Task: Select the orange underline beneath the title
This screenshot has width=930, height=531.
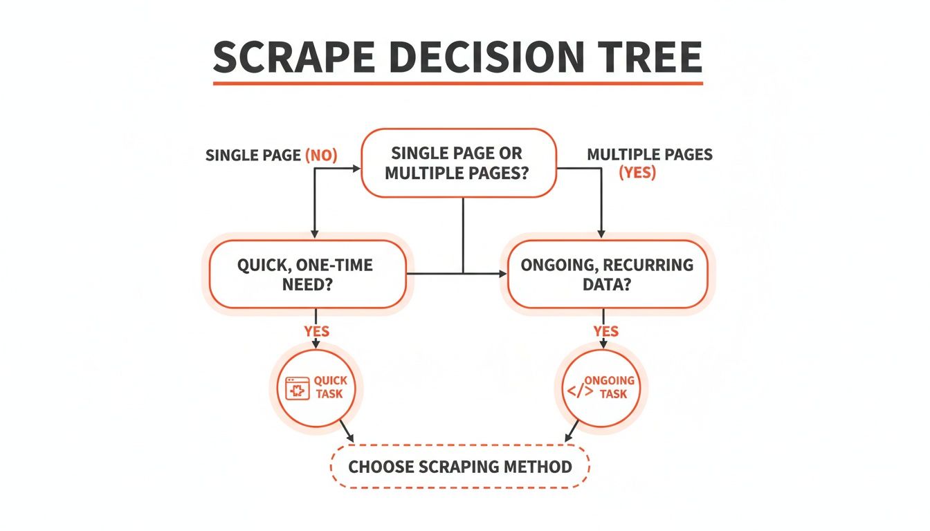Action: pos(457,84)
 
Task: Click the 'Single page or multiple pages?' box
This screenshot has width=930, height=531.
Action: pos(458,163)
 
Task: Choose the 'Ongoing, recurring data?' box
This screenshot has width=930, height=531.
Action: pos(607,274)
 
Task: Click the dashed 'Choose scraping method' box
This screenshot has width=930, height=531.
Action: pos(460,466)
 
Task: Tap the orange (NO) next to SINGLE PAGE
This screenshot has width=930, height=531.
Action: pos(321,156)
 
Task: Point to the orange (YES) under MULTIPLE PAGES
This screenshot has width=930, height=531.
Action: pos(637,172)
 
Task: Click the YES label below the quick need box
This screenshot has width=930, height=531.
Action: pos(316,331)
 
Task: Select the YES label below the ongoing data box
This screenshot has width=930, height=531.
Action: pos(605,331)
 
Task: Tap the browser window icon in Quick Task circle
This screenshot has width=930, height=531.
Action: pos(297,388)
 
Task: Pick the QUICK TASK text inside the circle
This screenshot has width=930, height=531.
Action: pos(330,387)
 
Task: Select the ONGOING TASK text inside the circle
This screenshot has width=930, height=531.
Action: pos(611,387)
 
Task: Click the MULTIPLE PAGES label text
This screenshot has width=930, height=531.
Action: pos(649,154)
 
